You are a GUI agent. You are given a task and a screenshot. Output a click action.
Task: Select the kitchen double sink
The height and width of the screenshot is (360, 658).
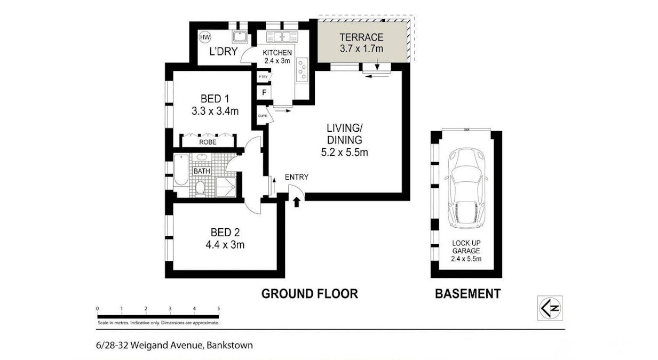pos(281,37)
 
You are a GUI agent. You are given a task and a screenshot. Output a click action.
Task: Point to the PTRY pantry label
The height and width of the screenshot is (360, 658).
pos(263,77)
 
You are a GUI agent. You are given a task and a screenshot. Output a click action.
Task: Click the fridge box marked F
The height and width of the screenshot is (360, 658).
pos(263,93)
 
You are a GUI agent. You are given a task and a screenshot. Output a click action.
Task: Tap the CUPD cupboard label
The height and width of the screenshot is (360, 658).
pos(262,116)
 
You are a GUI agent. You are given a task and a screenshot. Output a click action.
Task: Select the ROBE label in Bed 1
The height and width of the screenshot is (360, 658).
pos(208,142)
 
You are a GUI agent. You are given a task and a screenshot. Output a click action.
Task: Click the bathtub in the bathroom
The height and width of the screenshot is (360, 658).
pos(181,170)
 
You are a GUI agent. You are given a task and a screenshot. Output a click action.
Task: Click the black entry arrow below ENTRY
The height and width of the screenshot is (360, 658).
pos(296,202)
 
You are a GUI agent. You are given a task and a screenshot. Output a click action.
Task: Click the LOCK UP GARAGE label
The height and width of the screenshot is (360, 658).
pos(466,246)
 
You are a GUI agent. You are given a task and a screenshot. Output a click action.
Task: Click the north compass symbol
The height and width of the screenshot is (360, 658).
pos(549,308)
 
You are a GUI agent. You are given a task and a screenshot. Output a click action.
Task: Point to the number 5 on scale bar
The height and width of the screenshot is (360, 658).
pos(218,309)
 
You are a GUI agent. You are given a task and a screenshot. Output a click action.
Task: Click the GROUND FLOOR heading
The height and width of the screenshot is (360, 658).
pos(309,293)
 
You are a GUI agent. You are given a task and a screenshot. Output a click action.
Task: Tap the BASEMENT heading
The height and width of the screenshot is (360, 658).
pos(467,293)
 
